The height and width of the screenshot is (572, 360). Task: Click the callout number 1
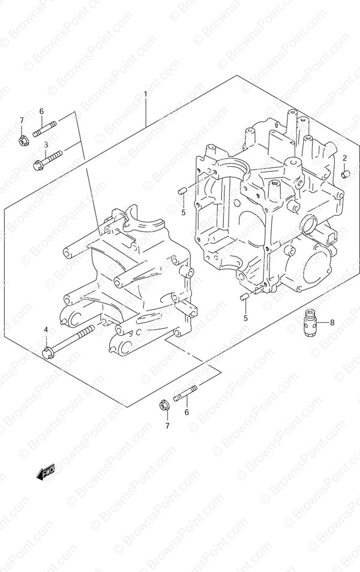145,94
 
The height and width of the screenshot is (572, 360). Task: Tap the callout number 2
344,158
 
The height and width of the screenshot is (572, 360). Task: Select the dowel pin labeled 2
346,174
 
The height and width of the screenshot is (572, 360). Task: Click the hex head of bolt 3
38,166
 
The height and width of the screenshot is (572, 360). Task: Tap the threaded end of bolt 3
60,156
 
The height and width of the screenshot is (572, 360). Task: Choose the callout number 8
332,323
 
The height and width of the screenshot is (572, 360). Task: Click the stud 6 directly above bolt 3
44,129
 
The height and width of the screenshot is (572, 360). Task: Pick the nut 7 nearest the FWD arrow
164,404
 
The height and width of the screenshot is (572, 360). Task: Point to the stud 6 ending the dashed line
185,394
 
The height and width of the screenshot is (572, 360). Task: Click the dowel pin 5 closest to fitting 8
244,297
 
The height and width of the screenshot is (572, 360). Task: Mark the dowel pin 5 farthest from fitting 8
182,191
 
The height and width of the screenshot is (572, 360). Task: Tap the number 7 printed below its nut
167,425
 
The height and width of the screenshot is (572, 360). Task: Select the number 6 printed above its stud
41,111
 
